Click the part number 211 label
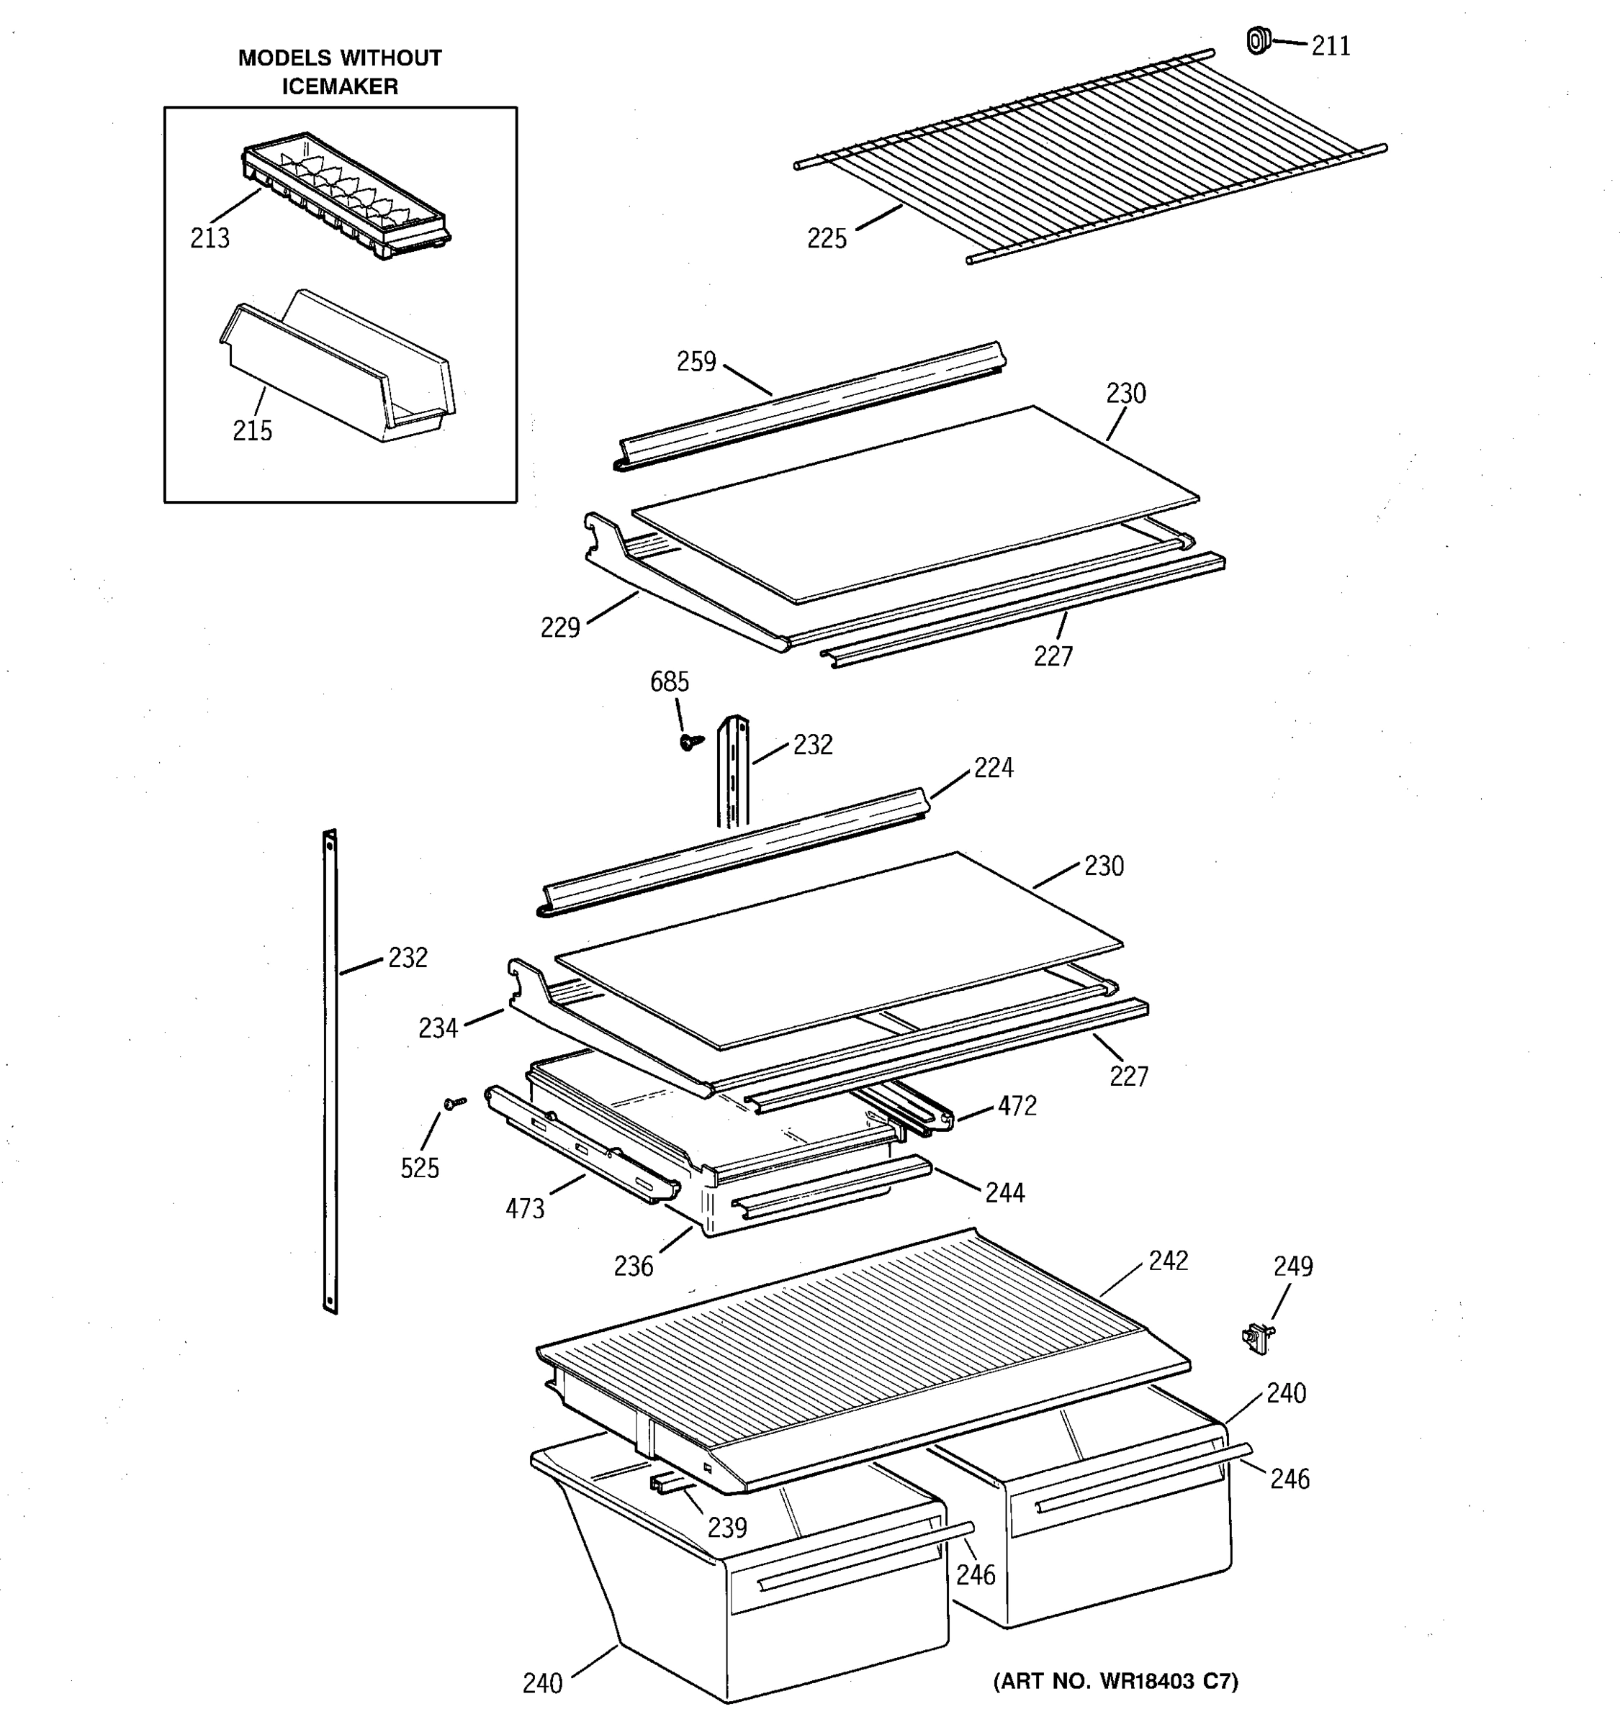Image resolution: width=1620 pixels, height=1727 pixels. [1331, 46]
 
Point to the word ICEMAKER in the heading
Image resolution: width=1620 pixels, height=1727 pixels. [340, 87]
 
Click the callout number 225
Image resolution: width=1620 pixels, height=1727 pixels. [827, 239]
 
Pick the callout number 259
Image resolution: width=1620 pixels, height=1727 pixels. [696, 361]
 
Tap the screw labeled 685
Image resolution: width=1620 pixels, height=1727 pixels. [690, 741]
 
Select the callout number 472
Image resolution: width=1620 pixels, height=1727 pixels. [1017, 1106]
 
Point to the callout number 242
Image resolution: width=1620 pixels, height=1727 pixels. [1168, 1261]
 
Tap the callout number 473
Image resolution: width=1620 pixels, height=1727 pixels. [525, 1208]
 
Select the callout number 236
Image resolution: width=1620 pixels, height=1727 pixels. [633, 1266]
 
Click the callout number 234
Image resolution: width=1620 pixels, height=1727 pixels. [438, 1028]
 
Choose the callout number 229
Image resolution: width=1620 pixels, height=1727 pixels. [559, 627]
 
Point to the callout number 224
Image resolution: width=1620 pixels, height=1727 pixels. [994, 768]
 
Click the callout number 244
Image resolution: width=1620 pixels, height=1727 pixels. [1004, 1193]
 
